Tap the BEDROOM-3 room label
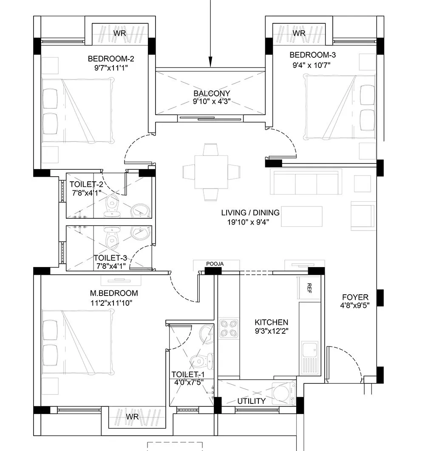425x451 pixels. click(x=310, y=55)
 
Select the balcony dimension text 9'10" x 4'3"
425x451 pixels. click(x=212, y=101)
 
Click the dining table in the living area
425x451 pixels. click(x=211, y=172)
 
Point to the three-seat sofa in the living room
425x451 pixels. click(x=306, y=182)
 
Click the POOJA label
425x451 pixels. click(x=214, y=264)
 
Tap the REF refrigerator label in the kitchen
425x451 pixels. click(x=309, y=288)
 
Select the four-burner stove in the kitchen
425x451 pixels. click(x=229, y=328)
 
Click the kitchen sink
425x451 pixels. click(x=309, y=350)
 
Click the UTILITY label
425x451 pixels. click(x=252, y=401)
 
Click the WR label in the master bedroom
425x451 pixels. click(x=132, y=417)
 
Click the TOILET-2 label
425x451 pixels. click(x=87, y=184)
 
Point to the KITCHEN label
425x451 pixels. click(x=271, y=323)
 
